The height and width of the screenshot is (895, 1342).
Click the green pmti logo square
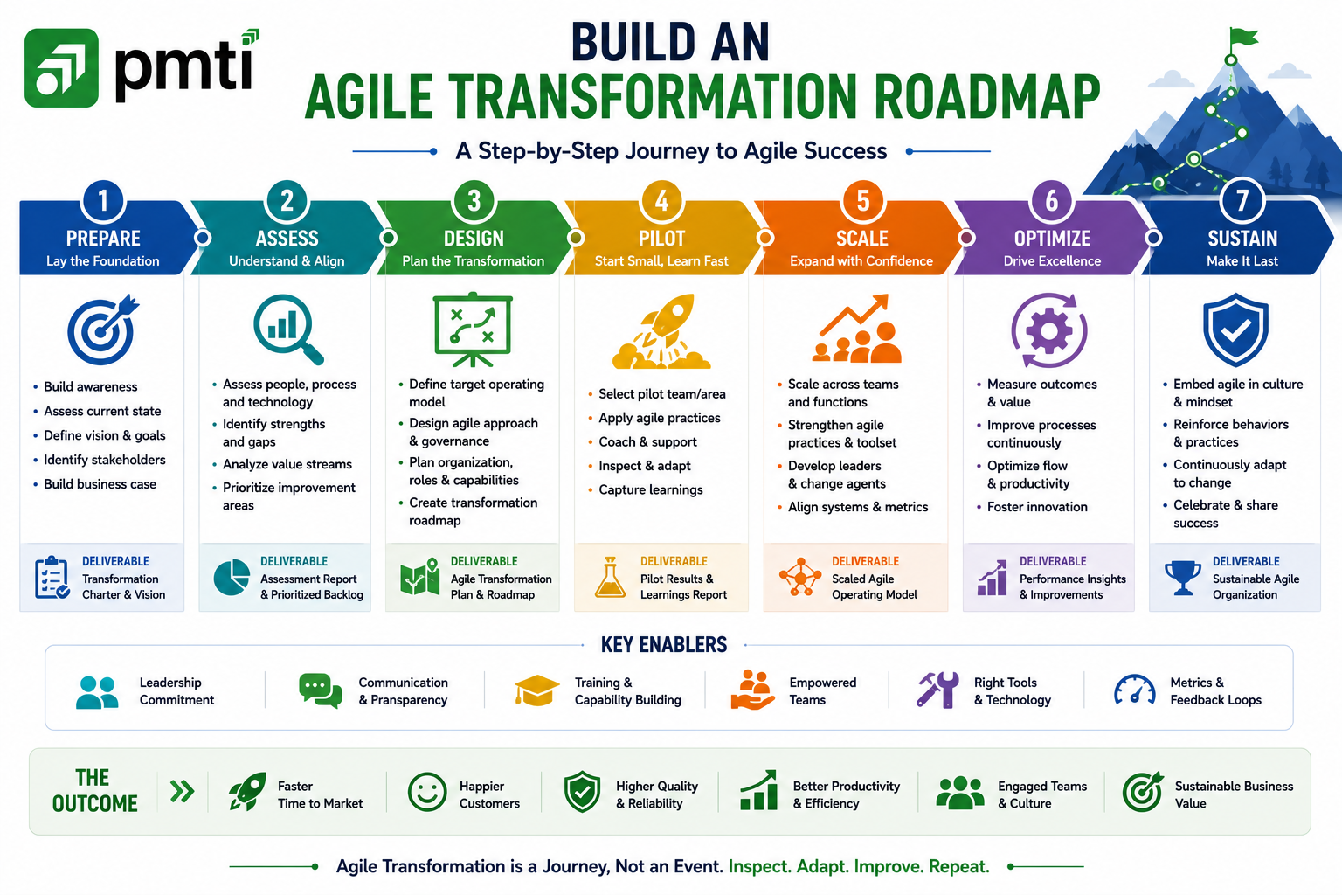(61, 68)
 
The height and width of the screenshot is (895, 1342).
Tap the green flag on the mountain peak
(1243, 38)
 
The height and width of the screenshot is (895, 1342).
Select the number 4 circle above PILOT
(661, 201)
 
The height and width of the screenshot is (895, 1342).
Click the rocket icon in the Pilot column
(661, 330)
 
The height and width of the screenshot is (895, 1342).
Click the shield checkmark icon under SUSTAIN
(1235, 330)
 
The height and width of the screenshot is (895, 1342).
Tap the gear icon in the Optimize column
(1049, 330)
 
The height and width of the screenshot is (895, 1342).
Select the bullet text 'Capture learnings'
(651, 489)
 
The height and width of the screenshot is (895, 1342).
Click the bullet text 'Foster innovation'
(1037, 507)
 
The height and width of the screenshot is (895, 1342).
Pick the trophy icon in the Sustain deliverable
(1183, 577)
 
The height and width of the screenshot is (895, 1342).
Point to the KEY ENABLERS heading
(664, 644)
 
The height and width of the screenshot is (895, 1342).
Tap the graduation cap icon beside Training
(536, 690)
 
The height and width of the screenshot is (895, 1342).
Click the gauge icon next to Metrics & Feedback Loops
(1134, 690)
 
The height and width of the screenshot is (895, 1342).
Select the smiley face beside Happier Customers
(427, 792)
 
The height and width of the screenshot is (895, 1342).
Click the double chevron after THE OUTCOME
(182, 791)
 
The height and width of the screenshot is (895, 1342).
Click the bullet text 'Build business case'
(100, 483)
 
